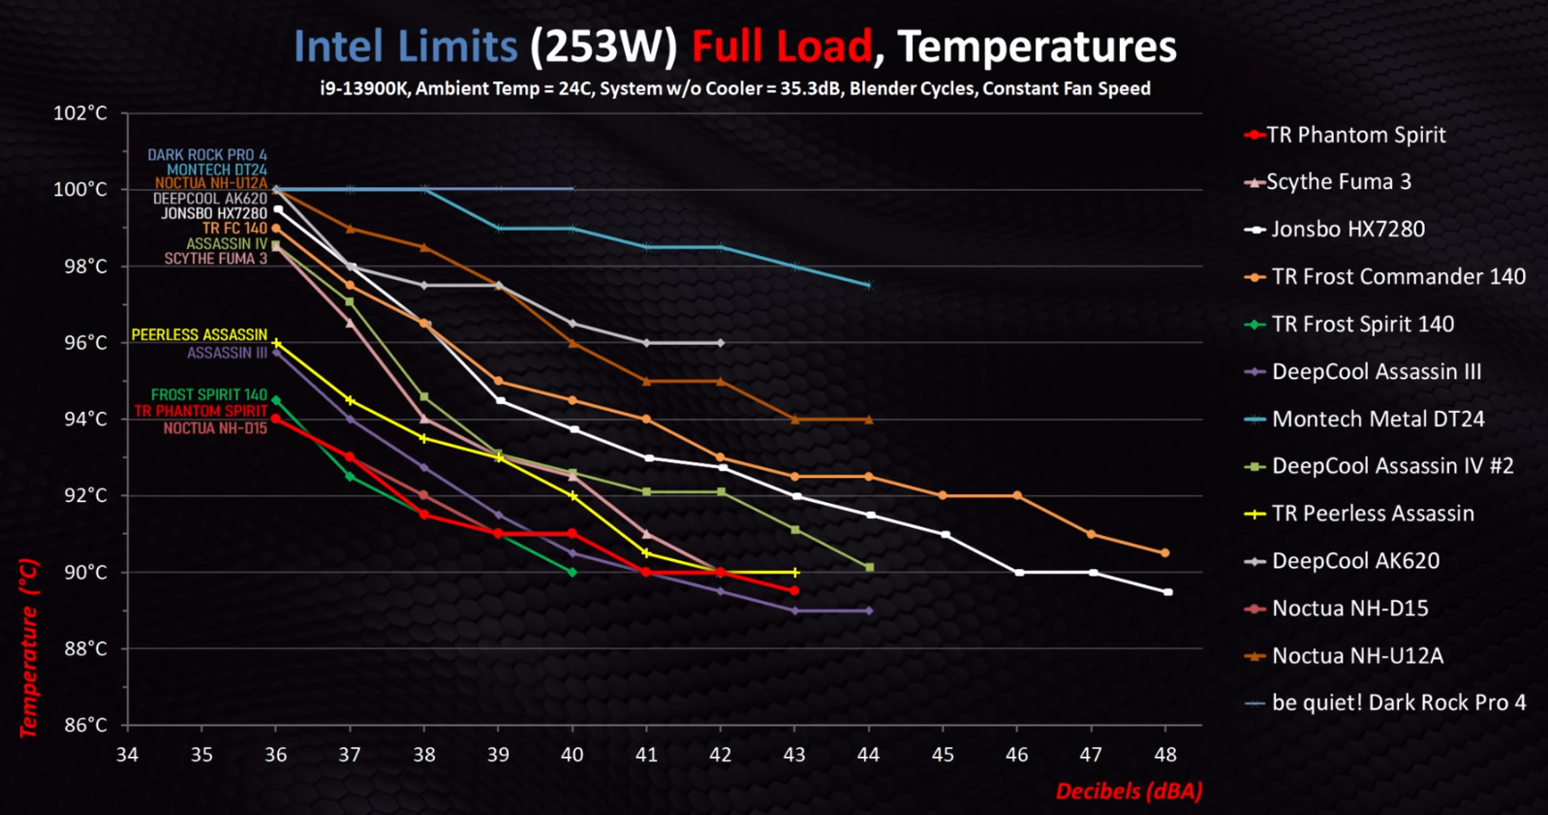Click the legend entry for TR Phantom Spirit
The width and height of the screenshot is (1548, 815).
pyautogui.click(x=1355, y=135)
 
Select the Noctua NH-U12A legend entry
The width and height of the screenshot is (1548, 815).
pyautogui.click(x=1356, y=656)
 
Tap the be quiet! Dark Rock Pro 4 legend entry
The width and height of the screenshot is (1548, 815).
pyautogui.click(x=1398, y=703)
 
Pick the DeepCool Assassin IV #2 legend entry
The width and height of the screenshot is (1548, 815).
pyautogui.click(x=1392, y=466)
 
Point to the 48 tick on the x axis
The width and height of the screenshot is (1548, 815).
pyautogui.click(x=1165, y=754)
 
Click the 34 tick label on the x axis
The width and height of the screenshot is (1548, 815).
pyautogui.click(x=127, y=754)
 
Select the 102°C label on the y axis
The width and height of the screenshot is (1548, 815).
pyautogui.click(x=79, y=113)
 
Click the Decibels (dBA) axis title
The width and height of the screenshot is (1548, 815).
pyautogui.click(x=1129, y=791)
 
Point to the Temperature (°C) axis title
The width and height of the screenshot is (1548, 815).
pyautogui.click(x=29, y=647)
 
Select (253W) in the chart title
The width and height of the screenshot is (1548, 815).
pyautogui.click(x=603, y=47)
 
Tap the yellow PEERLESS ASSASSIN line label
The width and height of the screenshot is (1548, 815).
pyautogui.click(x=199, y=334)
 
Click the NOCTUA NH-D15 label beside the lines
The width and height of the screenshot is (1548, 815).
pyautogui.click(x=214, y=428)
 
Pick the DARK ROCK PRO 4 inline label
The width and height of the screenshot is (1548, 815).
pyautogui.click(x=206, y=154)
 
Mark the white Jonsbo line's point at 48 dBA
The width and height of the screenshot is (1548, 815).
pyautogui.click(x=1167, y=592)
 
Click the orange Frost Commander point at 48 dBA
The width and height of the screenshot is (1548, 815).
pyautogui.click(x=1164, y=553)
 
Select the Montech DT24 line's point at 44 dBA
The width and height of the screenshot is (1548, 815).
pyautogui.click(x=868, y=285)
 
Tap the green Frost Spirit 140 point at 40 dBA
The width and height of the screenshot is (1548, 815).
pyautogui.click(x=573, y=573)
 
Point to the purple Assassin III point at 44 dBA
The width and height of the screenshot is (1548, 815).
pyautogui.click(x=869, y=611)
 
